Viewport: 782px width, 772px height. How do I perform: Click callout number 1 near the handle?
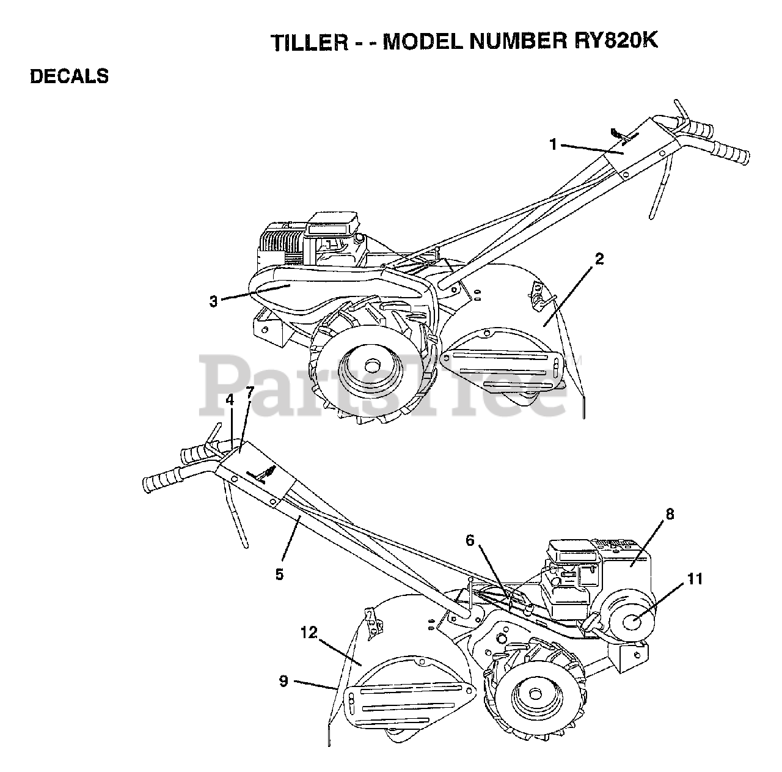[553, 144]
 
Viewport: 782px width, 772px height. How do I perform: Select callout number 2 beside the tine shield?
[599, 259]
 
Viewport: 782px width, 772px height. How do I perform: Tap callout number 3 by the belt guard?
[213, 301]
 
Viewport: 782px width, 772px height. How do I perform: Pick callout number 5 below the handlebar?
[279, 574]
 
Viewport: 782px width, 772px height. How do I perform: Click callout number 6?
[470, 540]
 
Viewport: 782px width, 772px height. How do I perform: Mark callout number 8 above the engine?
[670, 514]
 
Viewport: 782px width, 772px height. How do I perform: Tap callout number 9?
[283, 681]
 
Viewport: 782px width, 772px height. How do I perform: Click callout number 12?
[309, 633]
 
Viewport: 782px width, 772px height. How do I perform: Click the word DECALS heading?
[69, 76]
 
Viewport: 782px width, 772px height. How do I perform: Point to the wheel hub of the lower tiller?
[536, 693]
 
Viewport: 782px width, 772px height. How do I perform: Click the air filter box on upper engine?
[333, 225]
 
